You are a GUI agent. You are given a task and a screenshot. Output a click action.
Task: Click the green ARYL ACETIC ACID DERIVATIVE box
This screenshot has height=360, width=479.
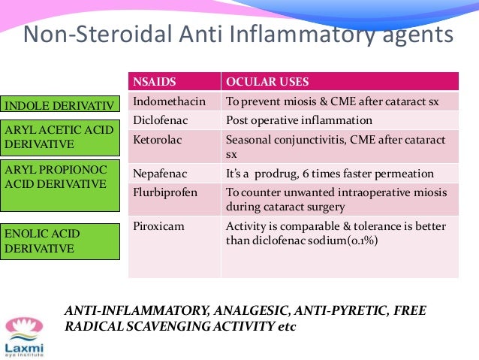pos(59,136)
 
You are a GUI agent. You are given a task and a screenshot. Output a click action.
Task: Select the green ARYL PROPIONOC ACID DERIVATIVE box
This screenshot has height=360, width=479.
pos(59,184)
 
